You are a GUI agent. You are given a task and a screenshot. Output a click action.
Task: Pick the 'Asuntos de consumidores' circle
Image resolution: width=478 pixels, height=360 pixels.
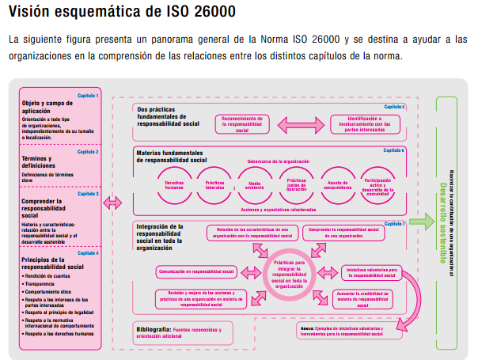pos(338,184)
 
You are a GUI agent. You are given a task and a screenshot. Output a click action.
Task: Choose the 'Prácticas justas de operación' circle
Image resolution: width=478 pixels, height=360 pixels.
pos(297,184)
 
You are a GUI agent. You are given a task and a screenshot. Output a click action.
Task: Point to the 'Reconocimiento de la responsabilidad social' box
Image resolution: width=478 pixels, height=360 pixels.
pos(252,122)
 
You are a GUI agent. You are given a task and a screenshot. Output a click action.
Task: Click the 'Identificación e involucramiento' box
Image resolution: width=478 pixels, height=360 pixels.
pos(358,122)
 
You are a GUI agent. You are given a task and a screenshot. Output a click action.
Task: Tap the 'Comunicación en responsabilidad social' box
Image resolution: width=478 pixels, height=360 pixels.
pos(197,271)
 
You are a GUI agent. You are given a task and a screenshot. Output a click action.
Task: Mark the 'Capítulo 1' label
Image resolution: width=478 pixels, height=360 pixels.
pos(88,95)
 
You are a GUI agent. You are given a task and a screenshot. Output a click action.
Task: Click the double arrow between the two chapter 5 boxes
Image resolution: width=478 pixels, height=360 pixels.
pos(305,122)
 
